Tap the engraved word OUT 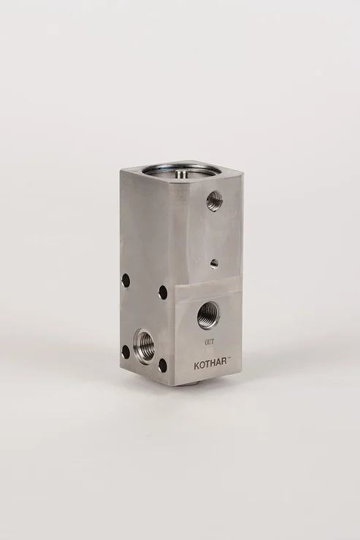210,342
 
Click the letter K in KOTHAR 196,366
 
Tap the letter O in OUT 206,342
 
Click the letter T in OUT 213,342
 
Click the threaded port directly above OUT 207,315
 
